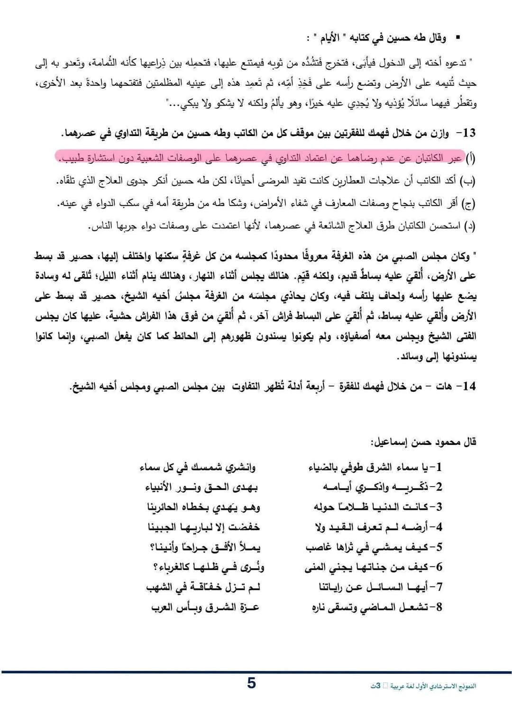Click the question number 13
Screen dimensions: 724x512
(x=469, y=133)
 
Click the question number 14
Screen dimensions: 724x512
(x=469, y=386)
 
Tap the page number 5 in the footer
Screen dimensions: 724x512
(x=251, y=683)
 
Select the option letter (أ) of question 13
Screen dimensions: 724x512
(x=470, y=158)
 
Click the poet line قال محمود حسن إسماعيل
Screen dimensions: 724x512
(x=423, y=442)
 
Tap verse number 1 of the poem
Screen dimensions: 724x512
(x=439, y=467)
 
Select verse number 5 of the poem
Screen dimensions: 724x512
(x=439, y=547)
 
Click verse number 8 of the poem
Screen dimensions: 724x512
(x=439, y=607)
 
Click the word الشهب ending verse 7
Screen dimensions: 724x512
(x=159, y=588)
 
